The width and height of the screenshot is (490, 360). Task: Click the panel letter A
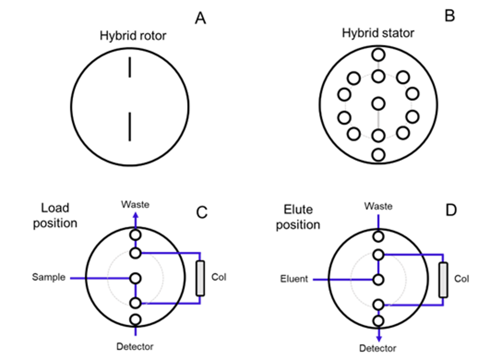coord(200,18)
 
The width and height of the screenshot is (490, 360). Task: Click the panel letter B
coord(449,16)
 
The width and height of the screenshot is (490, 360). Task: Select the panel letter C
coord(201,212)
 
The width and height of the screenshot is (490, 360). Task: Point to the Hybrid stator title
coord(378,33)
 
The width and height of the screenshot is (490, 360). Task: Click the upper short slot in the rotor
coord(130,68)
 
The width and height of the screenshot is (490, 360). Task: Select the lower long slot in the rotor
coord(130,127)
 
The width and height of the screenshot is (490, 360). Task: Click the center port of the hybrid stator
coord(378,103)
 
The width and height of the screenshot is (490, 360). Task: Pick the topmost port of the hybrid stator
coord(378,53)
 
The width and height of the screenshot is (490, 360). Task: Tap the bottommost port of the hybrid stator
coord(378,155)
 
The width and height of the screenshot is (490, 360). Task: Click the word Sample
coord(49,278)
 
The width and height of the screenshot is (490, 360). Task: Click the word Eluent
coord(294,279)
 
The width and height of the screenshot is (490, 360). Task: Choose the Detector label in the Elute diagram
coord(378,348)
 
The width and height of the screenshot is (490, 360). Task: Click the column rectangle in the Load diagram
coord(200,278)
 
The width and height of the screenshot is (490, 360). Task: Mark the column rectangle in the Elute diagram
coord(443,280)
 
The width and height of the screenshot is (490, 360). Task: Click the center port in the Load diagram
coord(136,278)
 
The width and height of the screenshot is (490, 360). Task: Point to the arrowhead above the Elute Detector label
coord(378,337)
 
